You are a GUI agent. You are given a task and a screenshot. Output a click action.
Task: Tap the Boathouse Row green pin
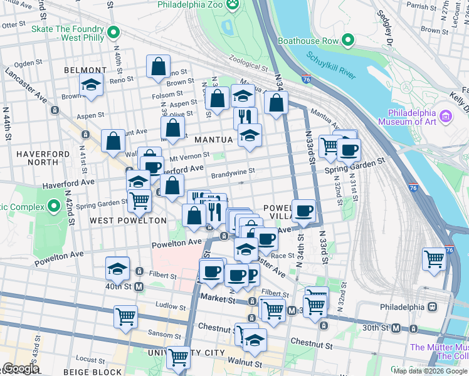(347, 41)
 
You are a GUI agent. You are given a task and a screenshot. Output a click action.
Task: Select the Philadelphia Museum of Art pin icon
(446, 115)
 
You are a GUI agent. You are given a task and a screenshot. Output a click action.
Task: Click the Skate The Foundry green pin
(113, 32)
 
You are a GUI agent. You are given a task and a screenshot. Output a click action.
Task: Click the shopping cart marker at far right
(434, 258)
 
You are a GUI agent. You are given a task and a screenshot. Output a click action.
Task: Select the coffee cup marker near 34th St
(304, 210)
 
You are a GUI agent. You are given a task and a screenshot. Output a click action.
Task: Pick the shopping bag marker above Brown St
(159, 66)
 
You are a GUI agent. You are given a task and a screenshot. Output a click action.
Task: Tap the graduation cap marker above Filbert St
(117, 268)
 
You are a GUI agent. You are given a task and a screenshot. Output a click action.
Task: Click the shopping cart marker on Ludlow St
(126, 316)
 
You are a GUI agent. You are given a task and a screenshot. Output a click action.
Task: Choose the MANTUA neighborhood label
(213, 139)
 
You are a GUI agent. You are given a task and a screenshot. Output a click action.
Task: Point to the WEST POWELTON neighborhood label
(128, 221)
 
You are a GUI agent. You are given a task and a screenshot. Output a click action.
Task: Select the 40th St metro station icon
(139, 286)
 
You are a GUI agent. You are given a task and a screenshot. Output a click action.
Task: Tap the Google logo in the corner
(21, 368)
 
